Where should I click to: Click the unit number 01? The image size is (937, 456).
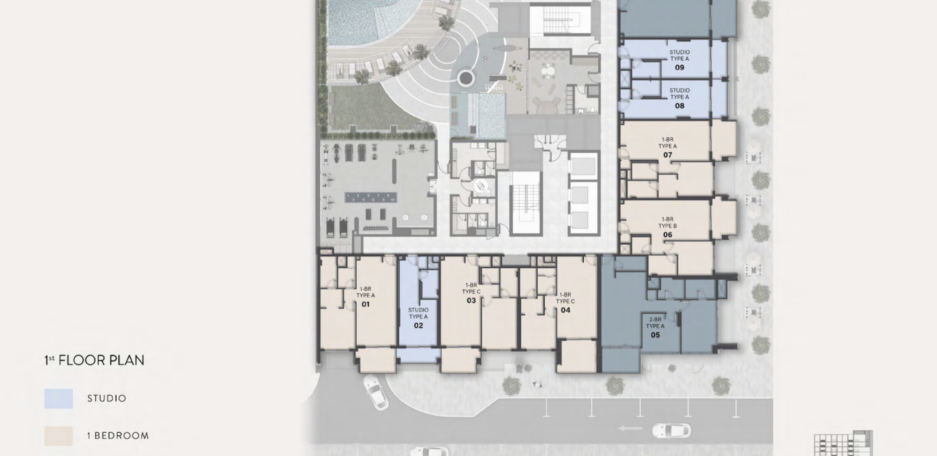[x=366, y=304]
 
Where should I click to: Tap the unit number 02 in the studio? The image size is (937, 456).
[x=418, y=326]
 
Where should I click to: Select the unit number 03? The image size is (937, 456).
[x=471, y=301]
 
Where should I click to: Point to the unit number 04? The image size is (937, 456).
[x=566, y=310]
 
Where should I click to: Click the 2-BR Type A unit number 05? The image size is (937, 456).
[x=655, y=335]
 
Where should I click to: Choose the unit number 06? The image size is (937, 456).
[x=667, y=235]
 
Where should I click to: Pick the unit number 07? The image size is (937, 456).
[x=667, y=155]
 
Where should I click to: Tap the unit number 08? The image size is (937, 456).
[x=680, y=106]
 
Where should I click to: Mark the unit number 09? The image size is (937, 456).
[x=680, y=68]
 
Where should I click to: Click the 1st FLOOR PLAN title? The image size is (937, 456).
[x=95, y=360]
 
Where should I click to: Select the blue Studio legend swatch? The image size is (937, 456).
[x=59, y=399]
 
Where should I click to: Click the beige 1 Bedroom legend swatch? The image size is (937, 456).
[x=59, y=436]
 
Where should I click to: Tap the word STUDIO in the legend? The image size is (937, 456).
[x=107, y=398]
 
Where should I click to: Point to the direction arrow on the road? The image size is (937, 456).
[x=631, y=429]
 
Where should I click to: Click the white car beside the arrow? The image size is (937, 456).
[x=672, y=431]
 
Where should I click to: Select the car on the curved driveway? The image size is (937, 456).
[x=376, y=391]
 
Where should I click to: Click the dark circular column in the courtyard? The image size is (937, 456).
[x=466, y=78]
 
